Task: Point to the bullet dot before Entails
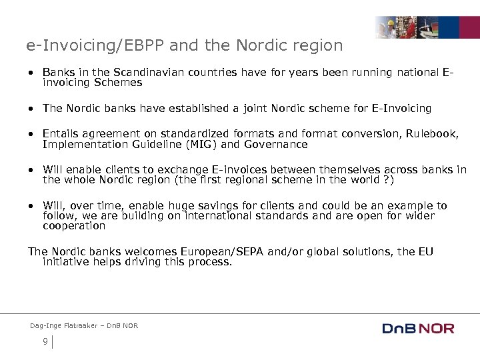point(31,133)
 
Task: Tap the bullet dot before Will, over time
point(31,205)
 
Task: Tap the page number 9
point(45,341)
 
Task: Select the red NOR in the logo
point(438,329)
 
